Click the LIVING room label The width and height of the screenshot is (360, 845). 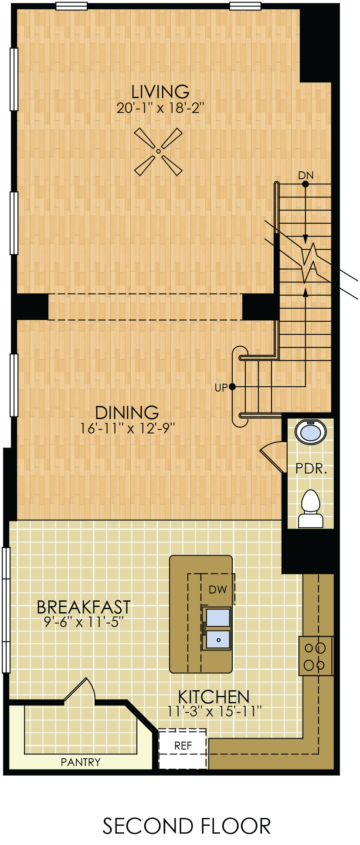(160, 92)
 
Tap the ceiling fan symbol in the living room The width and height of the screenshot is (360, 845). (158, 151)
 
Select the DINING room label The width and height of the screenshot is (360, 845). (127, 412)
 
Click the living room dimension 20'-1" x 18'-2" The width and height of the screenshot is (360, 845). (160, 108)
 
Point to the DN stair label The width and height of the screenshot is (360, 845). (306, 175)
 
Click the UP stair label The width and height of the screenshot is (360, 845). (221, 387)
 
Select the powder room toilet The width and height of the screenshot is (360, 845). (311, 508)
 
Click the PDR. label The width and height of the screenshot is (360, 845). (311, 469)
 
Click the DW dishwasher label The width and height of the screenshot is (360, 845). (218, 589)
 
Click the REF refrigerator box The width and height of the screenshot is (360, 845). (183, 749)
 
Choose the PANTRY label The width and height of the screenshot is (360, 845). (81, 762)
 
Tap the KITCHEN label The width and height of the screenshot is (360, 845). (214, 696)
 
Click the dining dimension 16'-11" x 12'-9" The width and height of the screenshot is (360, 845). (127, 429)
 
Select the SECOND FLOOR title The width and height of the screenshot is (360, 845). (187, 826)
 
